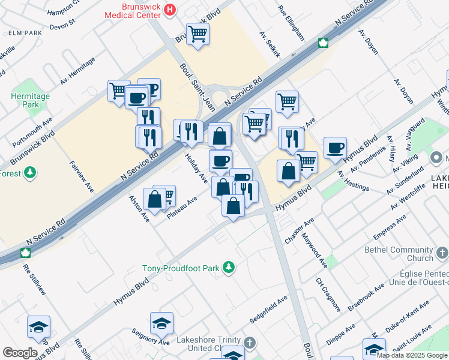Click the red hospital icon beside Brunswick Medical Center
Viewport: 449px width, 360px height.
(x=170, y=10)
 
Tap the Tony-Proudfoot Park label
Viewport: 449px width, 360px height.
(x=180, y=268)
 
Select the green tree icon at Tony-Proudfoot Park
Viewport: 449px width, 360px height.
(x=228, y=267)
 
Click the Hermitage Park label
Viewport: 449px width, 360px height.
(x=30, y=100)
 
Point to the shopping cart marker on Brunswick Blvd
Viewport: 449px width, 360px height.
(x=197, y=34)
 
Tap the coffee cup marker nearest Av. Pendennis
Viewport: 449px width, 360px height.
(x=335, y=148)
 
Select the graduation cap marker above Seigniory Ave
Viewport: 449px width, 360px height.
(x=161, y=324)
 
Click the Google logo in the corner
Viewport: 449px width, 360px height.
(x=20, y=353)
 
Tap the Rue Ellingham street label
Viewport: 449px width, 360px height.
(x=291, y=23)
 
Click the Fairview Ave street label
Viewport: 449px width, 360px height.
(x=82, y=176)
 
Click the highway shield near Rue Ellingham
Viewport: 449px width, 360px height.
(x=322, y=43)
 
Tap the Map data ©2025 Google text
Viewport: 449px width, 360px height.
(x=412, y=355)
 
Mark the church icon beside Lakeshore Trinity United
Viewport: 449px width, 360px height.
(x=249, y=343)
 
